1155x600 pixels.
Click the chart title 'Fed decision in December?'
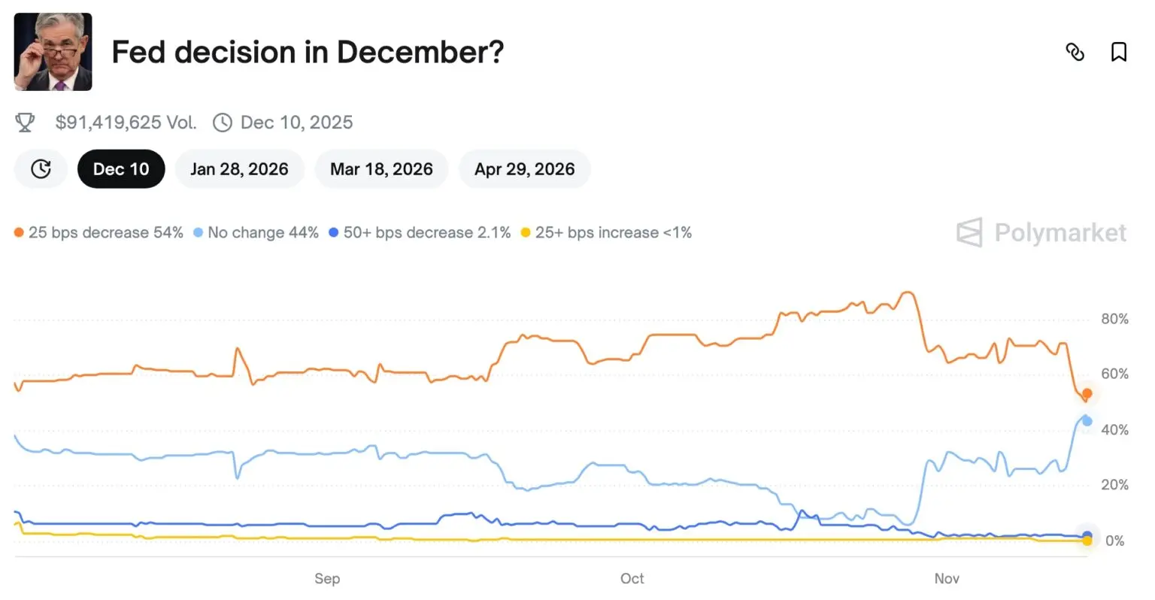click(x=308, y=53)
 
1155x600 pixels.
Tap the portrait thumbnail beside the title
click(x=53, y=52)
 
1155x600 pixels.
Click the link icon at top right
click(x=1075, y=52)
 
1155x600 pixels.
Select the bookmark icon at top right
click(x=1119, y=52)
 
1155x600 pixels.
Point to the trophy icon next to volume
click(x=25, y=123)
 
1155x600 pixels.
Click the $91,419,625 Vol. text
click(x=126, y=123)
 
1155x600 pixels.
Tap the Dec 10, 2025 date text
click(x=296, y=123)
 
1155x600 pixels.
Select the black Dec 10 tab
click(x=121, y=169)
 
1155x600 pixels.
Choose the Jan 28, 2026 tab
click(x=239, y=169)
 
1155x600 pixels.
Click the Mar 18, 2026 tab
click(x=381, y=169)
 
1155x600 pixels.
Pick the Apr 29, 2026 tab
click(x=524, y=169)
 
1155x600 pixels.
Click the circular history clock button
click(x=41, y=169)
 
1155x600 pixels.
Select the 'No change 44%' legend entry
click(x=256, y=233)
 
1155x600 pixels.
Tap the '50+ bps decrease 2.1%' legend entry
click(x=420, y=233)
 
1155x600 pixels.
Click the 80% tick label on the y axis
click(x=1114, y=320)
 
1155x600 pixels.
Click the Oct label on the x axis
click(x=632, y=578)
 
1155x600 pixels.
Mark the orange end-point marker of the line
click(x=1087, y=394)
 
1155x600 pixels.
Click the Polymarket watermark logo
click(x=1041, y=233)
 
